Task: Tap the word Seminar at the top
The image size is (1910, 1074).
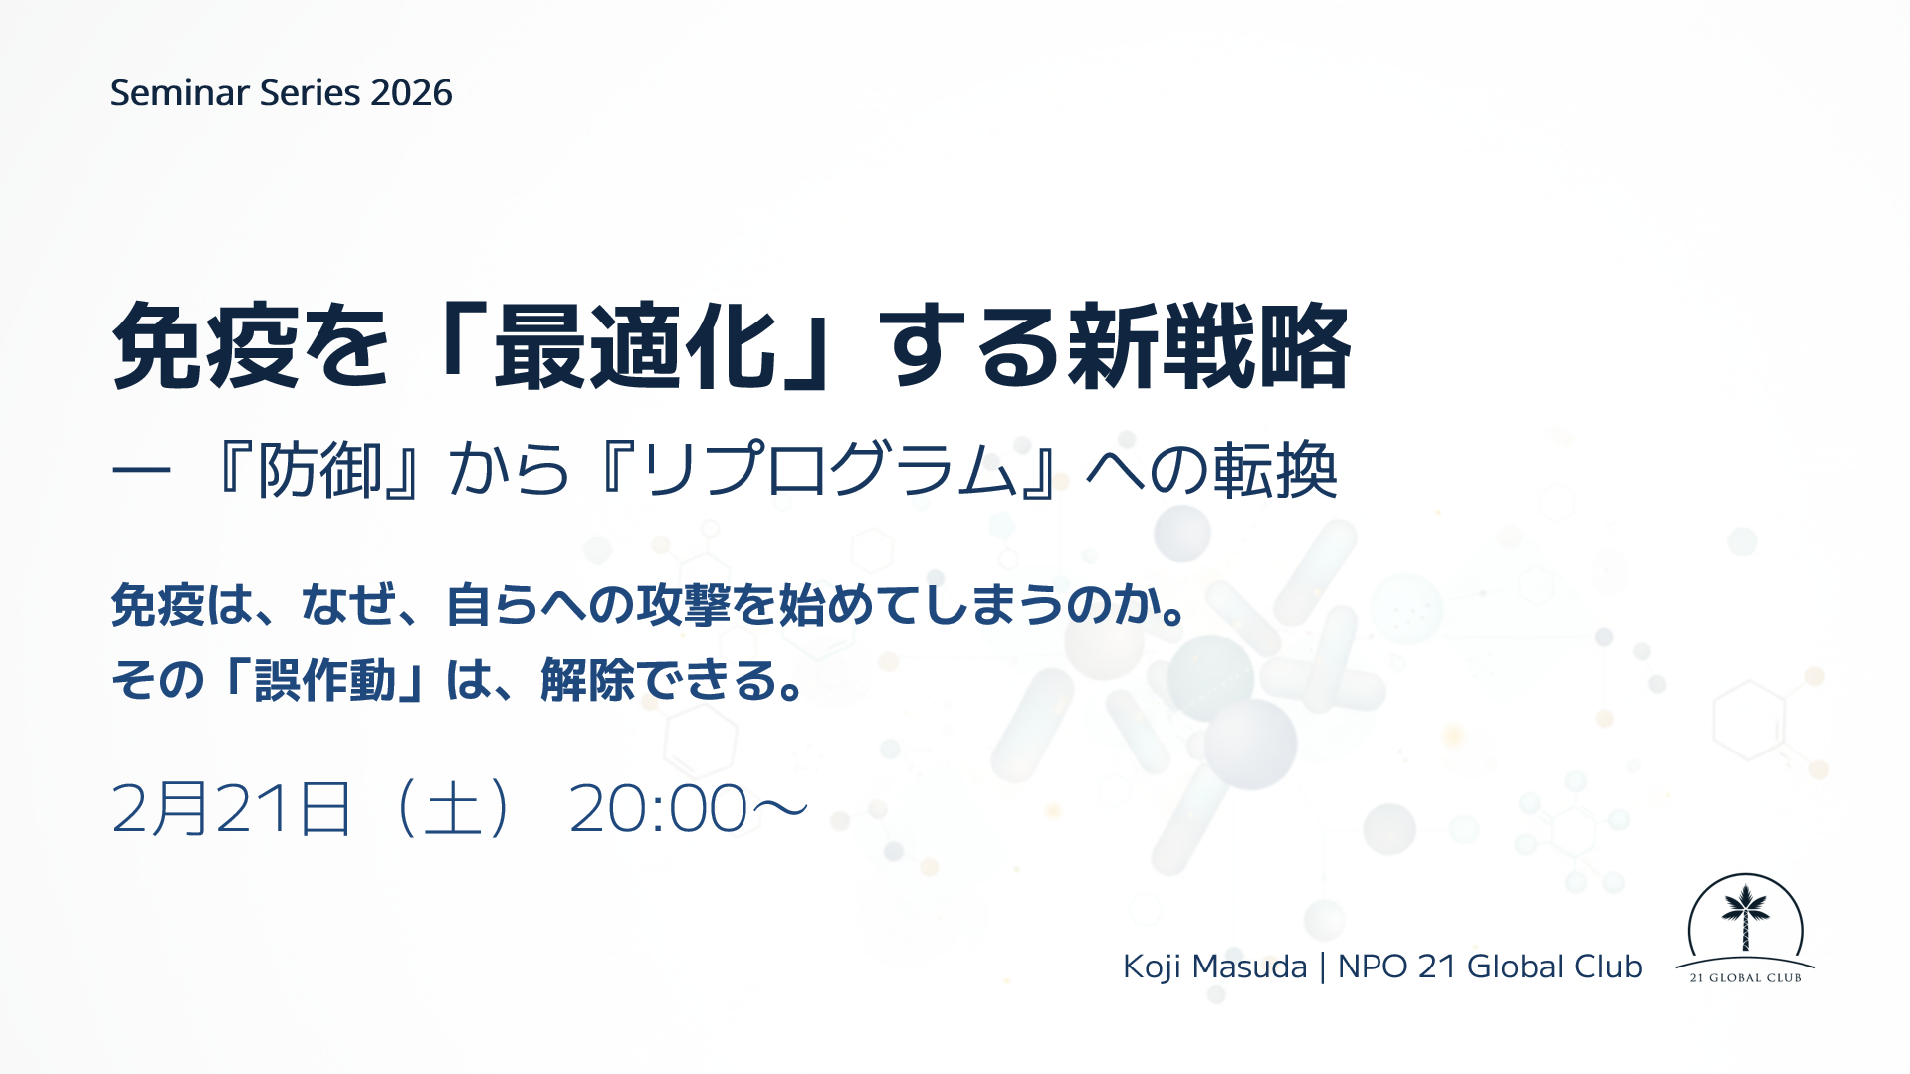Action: (x=179, y=93)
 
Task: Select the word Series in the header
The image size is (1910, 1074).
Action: (x=310, y=93)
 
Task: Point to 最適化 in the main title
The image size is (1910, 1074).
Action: (x=635, y=345)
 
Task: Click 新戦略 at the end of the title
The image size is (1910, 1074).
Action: (x=1209, y=345)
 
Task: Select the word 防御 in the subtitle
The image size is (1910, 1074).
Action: (x=320, y=470)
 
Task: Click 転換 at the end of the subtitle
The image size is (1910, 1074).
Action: (x=1275, y=470)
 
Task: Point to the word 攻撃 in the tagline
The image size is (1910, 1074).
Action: (x=684, y=605)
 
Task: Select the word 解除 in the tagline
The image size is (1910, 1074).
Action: (x=587, y=681)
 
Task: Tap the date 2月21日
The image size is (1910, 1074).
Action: (x=232, y=808)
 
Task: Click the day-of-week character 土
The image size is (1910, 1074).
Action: (x=454, y=808)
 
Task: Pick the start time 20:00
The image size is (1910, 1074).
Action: (x=658, y=808)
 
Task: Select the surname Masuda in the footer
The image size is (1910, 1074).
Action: (x=1249, y=967)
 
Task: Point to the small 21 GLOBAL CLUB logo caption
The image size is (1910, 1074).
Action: (x=1745, y=978)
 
